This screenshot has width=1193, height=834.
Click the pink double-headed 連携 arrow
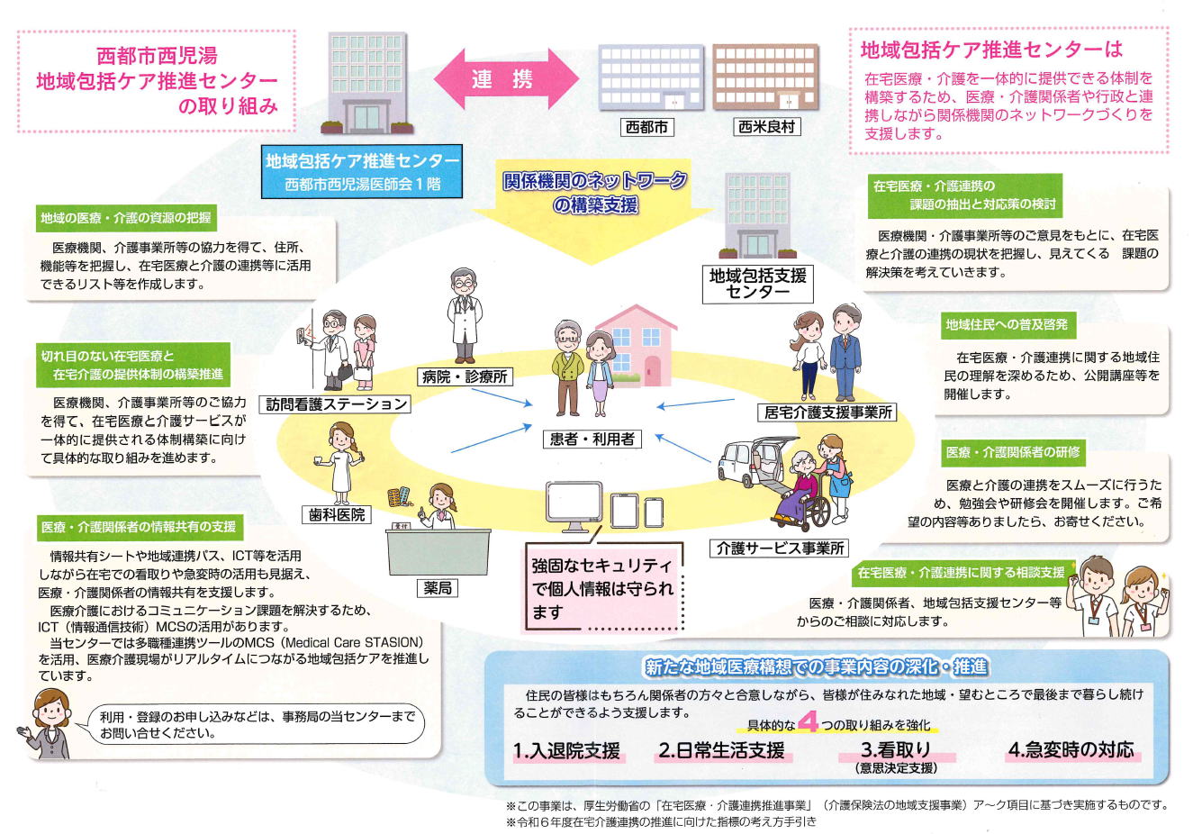coord(502,79)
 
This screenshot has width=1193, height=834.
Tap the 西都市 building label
coord(646,128)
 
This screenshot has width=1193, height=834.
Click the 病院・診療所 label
coord(464,376)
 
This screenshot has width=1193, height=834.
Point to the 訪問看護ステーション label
coord(338,404)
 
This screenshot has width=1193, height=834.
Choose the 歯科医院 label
coord(338,514)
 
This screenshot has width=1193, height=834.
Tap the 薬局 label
coord(438,588)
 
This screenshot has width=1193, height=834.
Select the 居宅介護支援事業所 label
coord(827,412)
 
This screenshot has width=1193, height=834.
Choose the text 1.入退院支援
coord(566,751)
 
